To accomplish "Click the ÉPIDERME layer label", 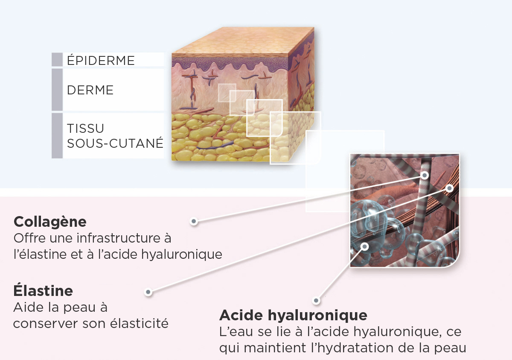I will tap(101, 60).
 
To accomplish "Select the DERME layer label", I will tap(90, 90).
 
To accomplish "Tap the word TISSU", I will tap(85, 129).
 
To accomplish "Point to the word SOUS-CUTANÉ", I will tap(115, 143).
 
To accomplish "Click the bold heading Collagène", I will tap(50, 222).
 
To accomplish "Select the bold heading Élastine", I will tap(43, 291).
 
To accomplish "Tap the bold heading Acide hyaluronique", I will tap(293, 315).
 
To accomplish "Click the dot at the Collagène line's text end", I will tap(194, 221).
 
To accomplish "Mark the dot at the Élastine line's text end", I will tap(148, 292).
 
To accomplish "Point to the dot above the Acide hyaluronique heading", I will tap(316, 300).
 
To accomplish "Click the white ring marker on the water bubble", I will tap(364, 246).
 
